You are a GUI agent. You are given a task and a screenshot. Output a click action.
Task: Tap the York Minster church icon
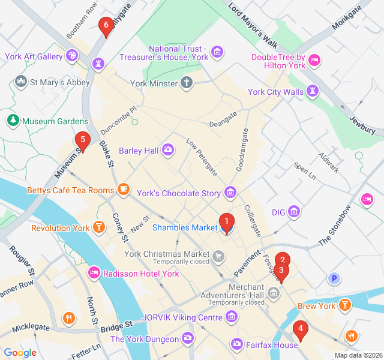pos(187,83)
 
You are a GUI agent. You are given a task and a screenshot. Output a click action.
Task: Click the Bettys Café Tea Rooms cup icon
pos(124,190)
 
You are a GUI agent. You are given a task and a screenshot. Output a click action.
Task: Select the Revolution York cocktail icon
pos(99,228)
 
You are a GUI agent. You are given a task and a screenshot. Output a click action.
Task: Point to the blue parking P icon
pos(334,278)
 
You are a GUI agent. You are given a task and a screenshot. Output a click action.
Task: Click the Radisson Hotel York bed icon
pos(94,274)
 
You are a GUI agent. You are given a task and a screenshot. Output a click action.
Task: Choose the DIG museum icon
pos(294,212)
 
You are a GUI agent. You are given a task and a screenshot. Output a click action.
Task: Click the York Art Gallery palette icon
pos(73,56)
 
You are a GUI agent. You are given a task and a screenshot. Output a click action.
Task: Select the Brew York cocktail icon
pos(345,306)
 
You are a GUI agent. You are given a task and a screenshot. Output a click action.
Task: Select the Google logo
pos(20,353)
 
